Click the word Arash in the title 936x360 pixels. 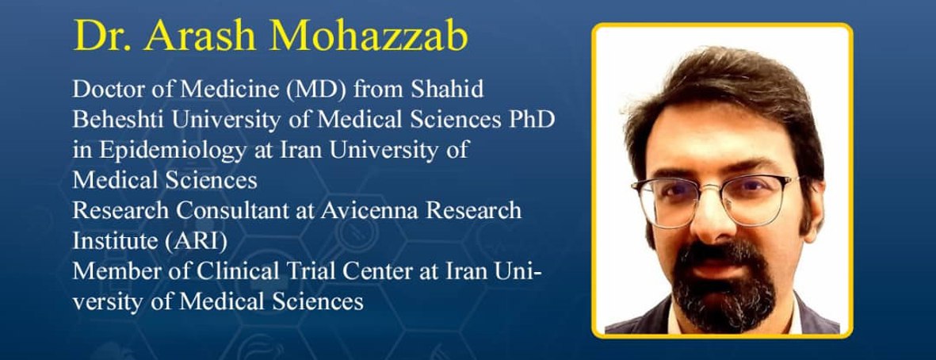[200, 36]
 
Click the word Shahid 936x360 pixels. [446, 90]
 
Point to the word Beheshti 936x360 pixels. [119, 120]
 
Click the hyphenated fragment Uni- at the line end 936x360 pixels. [518, 272]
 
